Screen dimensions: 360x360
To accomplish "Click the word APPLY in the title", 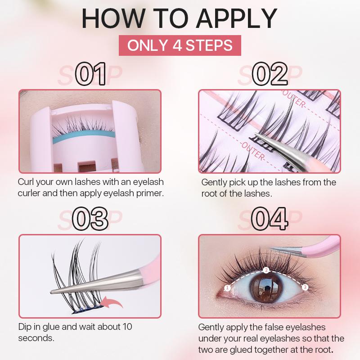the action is click(237, 18).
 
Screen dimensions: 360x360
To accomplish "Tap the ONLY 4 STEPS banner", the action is click(180, 45).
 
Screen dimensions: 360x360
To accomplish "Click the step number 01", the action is click(91, 74).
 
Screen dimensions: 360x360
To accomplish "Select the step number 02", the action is click(270, 74).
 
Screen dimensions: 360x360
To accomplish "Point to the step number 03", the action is click(90, 219).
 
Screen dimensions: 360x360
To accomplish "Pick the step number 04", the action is click(270, 219).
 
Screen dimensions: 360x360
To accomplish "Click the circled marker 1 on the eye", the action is click(227, 288).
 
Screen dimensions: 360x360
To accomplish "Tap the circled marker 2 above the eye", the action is click(266, 270).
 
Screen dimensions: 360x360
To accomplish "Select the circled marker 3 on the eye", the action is click(305, 287).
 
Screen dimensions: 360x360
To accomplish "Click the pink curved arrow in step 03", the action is click(112, 301).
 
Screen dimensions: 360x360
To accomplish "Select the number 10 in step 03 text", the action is click(127, 327).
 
